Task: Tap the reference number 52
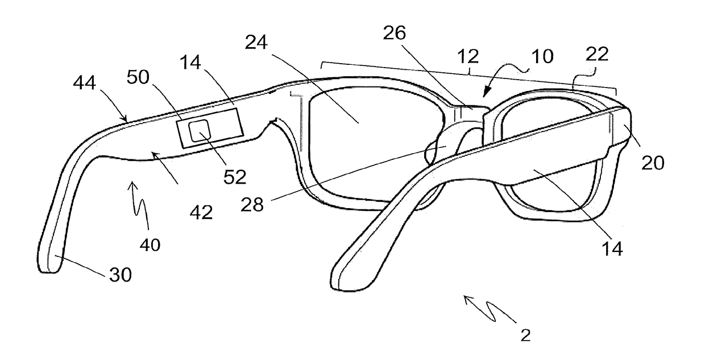[x=234, y=177]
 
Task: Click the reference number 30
[x=120, y=275]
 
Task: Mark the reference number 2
[x=525, y=336]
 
